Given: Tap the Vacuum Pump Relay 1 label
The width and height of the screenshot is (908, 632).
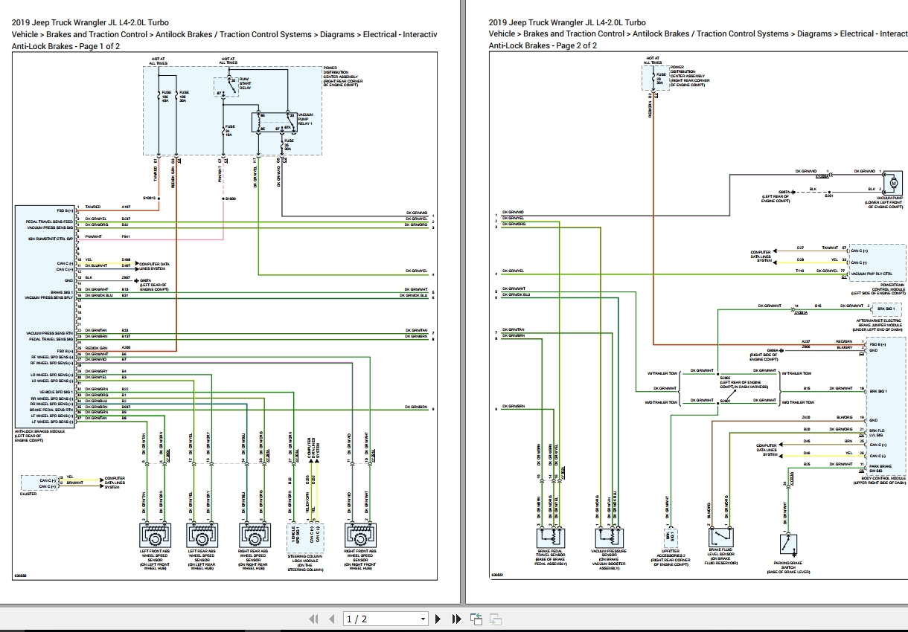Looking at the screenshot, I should [x=304, y=119].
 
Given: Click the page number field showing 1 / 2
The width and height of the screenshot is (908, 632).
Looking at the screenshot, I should [x=386, y=619].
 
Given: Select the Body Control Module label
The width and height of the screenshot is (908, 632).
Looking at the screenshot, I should [x=883, y=480].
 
